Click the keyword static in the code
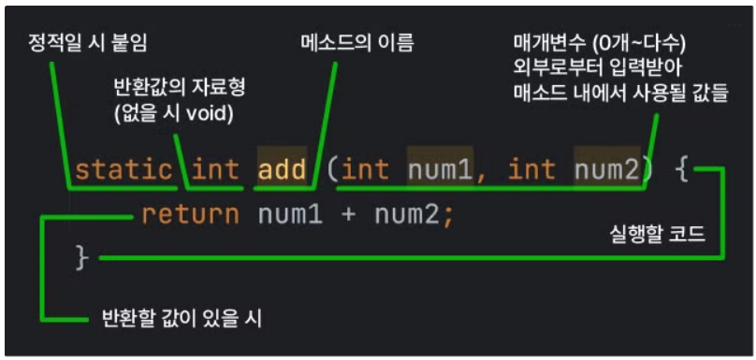[124, 169]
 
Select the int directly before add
[215, 169]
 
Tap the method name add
[282, 169]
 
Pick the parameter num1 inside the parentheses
[439, 169]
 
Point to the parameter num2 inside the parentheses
[606, 169]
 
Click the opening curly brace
[684, 170]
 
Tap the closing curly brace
[82, 257]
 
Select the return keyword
[191, 215]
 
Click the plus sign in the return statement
[349, 215]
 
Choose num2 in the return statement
[406, 215]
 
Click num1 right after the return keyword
[290, 215]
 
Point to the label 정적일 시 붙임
[88, 44]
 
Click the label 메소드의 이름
[357, 44]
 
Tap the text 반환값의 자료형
[180, 88]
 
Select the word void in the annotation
[208, 116]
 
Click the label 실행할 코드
[658, 237]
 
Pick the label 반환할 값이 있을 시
[182, 318]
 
